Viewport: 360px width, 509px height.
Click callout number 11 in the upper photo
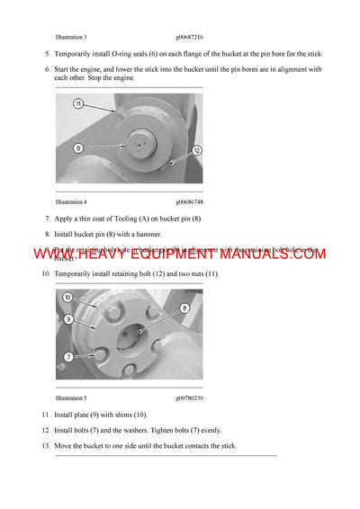coord(78,104)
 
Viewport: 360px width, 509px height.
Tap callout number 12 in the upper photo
coord(196,150)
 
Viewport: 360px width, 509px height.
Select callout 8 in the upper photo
coord(79,147)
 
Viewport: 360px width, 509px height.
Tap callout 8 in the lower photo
coord(186,308)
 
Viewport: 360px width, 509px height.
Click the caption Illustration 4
coord(71,202)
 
